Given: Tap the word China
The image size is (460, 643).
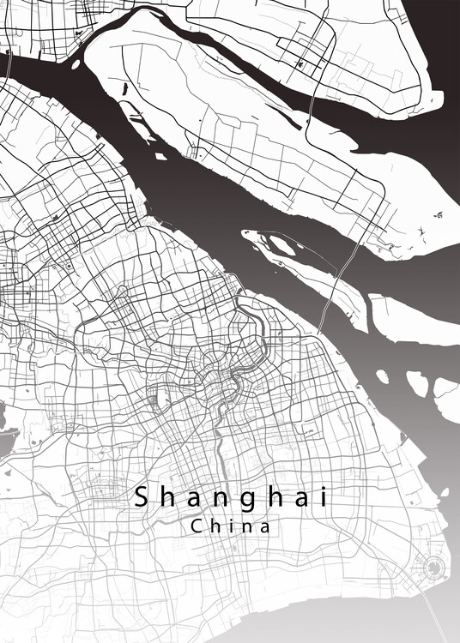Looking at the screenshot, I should click(x=231, y=526).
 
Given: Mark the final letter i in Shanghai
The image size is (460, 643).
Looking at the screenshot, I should click(x=323, y=497).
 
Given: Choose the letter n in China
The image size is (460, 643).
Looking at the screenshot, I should click(x=249, y=527).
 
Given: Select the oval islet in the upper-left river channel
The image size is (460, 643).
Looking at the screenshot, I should click(x=76, y=63).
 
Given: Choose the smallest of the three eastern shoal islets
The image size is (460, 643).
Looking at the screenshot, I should click(x=382, y=376).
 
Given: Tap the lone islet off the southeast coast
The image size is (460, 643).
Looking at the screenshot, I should click(x=445, y=493).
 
